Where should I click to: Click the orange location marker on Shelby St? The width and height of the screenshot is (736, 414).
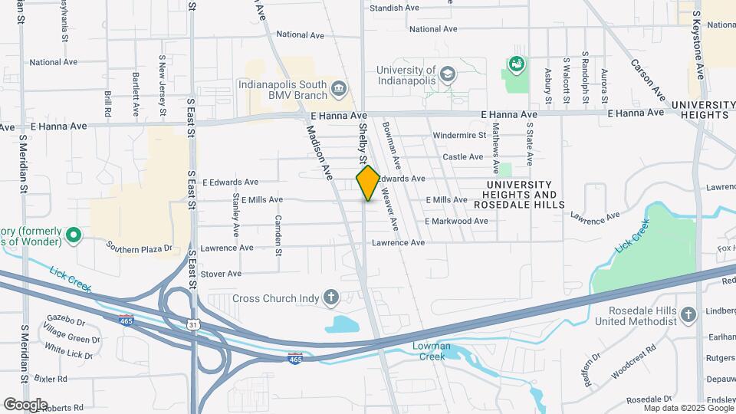(368, 183)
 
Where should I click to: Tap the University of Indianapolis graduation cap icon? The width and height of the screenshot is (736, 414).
(447, 74)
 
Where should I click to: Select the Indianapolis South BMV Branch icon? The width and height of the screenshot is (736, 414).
(337, 91)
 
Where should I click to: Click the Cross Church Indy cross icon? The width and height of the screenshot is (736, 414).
(331, 297)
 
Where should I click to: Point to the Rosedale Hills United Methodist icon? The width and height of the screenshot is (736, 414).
(688, 314)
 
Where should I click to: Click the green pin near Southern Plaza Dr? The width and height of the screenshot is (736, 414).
(74, 235)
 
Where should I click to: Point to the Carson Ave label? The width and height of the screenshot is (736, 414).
(647, 78)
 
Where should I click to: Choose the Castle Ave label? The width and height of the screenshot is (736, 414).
(463, 156)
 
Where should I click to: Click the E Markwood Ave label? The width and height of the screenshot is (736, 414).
(456, 221)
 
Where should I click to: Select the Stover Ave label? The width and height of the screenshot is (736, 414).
(221, 274)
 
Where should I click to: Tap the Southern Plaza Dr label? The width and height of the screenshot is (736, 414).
(140, 248)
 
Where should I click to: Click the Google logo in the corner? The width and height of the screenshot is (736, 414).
(25, 404)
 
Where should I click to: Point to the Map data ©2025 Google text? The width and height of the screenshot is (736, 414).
(688, 409)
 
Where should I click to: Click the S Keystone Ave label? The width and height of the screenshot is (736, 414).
(698, 44)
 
